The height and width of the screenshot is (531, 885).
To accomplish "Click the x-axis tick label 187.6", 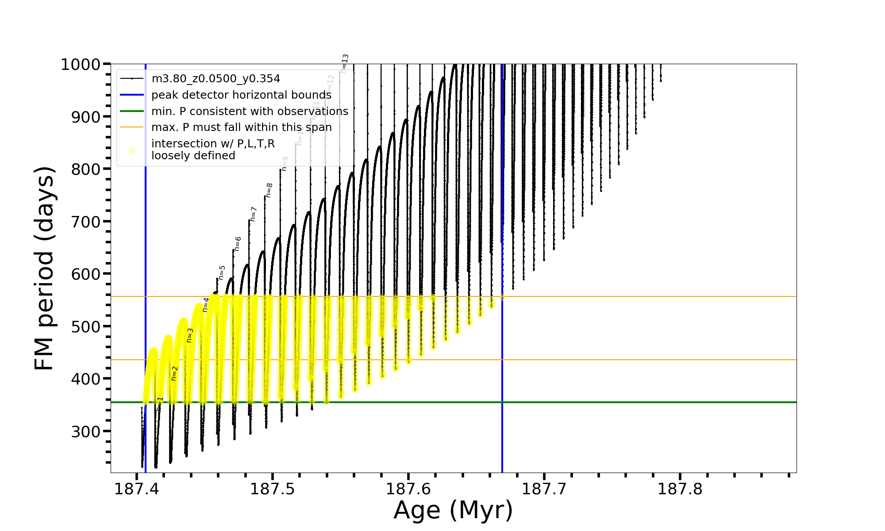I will pyautogui.click(x=408, y=489).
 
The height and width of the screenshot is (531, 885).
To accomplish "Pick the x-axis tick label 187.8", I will pyautogui.click(x=680, y=489).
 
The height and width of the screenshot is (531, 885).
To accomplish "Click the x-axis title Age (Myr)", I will pyautogui.click(x=453, y=510).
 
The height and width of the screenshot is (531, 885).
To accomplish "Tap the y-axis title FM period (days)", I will pyautogui.click(x=45, y=268).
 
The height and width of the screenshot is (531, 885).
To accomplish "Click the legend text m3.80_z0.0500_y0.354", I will pyautogui.click(x=215, y=79).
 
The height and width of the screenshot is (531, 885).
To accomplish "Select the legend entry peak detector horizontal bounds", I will pyautogui.click(x=241, y=95).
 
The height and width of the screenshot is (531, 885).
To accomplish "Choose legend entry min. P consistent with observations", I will pyautogui.click(x=250, y=111).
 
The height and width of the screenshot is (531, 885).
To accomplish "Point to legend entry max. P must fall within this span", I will pyautogui.click(x=241, y=127).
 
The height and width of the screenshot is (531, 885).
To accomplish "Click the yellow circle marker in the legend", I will pyautogui.click(x=132, y=150).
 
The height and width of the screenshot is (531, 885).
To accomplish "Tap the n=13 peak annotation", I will pyautogui.click(x=345, y=63).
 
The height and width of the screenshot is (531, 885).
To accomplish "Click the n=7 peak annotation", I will pyautogui.click(x=254, y=214).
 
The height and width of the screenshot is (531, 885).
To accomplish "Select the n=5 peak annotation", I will pyautogui.click(x=222, y=273).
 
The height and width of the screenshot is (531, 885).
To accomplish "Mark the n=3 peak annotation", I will pyautogui.click(x=190, y=335).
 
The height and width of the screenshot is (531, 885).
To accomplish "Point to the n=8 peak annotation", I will pyautogui.click(x=269, y=190).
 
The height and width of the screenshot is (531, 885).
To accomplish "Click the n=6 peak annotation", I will pyautogui.click(x=238, y=244).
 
